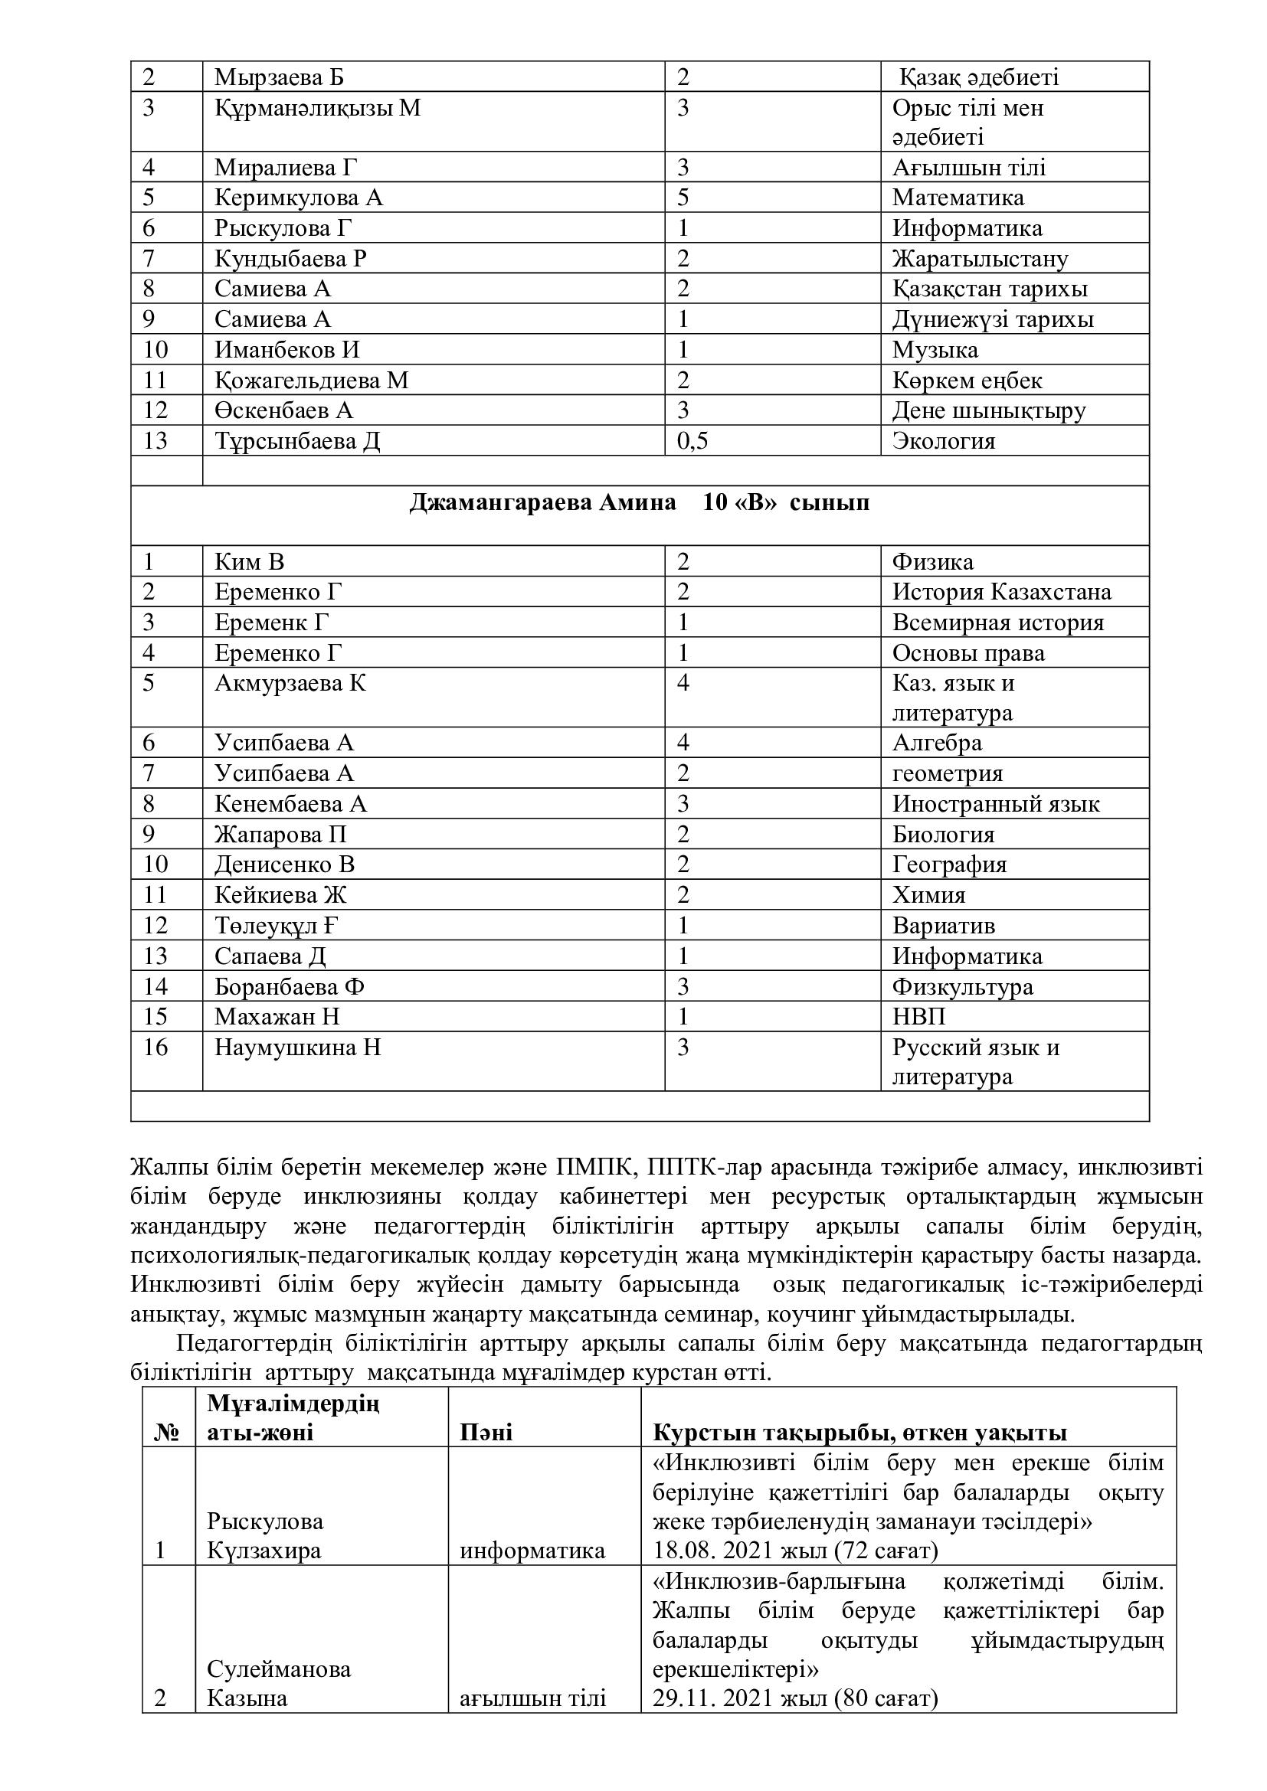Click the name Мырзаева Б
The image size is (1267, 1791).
279,77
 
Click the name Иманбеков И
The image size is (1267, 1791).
287,349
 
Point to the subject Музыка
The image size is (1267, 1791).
935,349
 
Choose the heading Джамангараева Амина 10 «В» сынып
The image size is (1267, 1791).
639,503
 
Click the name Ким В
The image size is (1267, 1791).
250,561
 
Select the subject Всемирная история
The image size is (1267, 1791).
998,623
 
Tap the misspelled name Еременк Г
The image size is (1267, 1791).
271,623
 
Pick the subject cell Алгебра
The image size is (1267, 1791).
937,743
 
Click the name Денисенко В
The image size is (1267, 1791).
285,864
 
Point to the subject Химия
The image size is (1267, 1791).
928,894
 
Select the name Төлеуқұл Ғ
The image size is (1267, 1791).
277,926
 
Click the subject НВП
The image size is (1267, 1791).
918,1016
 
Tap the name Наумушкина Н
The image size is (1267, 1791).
297,1047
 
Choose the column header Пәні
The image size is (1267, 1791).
486,1432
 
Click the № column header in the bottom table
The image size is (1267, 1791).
168,1432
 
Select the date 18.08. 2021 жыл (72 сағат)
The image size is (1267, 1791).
795,1550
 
